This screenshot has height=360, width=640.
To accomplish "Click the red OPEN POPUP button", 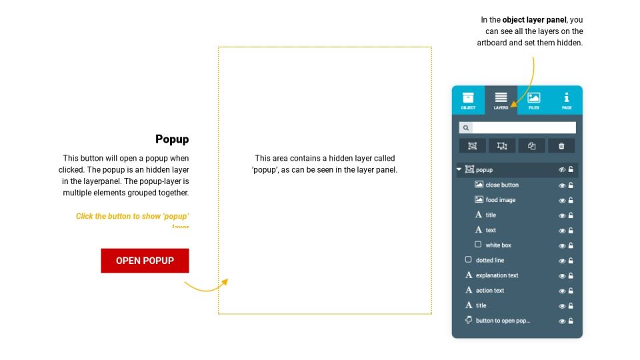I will [145, 261].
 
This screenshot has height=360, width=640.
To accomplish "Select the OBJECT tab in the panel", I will [468, 101].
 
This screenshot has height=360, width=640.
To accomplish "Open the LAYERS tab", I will [501, 101].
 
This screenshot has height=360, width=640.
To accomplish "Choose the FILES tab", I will [534, 101].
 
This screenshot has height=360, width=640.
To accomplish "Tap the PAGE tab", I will [567, 101].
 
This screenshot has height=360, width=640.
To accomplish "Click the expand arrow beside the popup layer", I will [459, 170].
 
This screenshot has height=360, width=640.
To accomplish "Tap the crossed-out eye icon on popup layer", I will [562, 170].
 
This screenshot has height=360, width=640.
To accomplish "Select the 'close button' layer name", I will [502, 185].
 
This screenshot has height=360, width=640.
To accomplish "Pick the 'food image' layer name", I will [501, 200].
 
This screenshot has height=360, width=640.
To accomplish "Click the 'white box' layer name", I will [499, 245].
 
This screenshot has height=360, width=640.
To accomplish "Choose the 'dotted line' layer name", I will [490, 260].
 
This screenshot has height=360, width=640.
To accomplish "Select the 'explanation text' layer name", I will [497, 275].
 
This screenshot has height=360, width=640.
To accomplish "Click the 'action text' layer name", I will [490, 291].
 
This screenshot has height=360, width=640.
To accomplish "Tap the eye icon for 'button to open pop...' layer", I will [562, 321].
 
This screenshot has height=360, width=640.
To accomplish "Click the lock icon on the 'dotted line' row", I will [571, 261].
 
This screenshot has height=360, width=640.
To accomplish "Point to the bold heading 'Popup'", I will [172, 139].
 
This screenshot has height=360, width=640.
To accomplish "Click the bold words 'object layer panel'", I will [529, 20].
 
